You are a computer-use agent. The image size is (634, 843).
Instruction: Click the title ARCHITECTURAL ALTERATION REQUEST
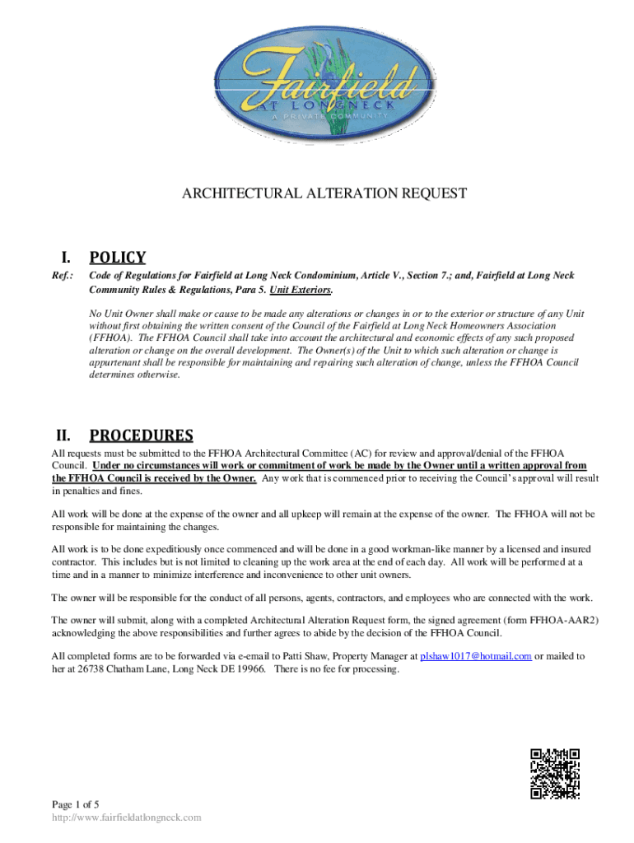(324, 193)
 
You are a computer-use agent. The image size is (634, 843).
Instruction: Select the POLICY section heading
(118, 258)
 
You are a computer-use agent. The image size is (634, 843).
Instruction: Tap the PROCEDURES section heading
(141, 435)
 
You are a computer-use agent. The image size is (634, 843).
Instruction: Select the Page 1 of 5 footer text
(76, 803)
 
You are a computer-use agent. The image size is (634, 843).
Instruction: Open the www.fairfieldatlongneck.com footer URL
(126, 817)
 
